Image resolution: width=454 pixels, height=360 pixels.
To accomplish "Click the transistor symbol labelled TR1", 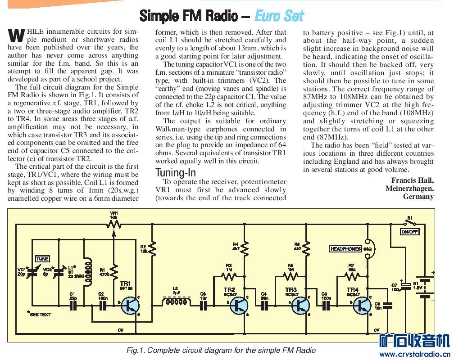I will coord(131,305).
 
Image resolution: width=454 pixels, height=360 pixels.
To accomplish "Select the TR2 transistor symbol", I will coord(239,305).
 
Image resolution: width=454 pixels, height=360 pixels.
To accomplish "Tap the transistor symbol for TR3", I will coord(300,305).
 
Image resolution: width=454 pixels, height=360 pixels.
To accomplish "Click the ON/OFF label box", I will coord(409,232).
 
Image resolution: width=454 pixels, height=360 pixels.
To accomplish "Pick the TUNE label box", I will coord(42,259).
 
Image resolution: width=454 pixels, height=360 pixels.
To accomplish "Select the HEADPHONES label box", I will coord(346,249).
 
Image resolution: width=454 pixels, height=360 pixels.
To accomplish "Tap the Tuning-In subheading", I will coord(176,172).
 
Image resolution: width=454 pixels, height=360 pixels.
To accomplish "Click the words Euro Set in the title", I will coord(279,16).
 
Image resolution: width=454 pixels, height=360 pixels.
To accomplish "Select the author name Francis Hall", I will coord(413,180).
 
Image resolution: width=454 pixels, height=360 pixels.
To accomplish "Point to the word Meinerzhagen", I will coord(409,189).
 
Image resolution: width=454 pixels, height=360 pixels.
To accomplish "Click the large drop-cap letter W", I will coord(16,35).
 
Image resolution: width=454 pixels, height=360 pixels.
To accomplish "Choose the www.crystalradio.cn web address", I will coord(414,355).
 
